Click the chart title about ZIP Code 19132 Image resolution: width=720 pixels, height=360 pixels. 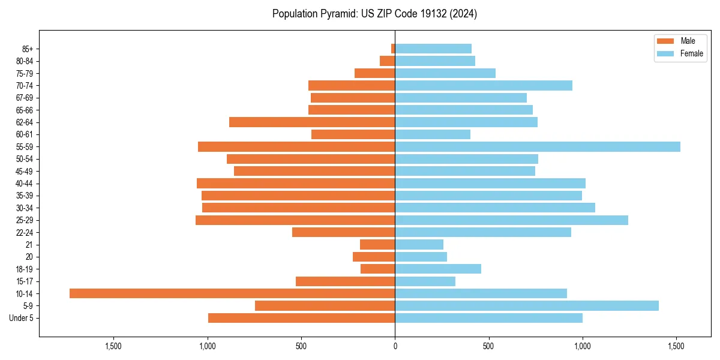tap(374, 14)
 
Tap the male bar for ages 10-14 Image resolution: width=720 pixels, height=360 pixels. tap(232, 293)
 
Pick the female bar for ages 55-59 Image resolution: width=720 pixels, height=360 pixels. tap(538, 146)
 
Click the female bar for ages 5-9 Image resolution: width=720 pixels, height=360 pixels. tap(527, 305)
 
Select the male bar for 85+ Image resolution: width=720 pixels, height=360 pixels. tap(393, 49)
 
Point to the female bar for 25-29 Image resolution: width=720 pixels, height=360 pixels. tap(511, 220)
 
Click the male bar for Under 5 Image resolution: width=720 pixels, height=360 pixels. tap(302, 318)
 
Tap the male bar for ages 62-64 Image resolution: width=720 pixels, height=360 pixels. tap(312, 122)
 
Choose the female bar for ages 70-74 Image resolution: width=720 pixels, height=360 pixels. tap(484, 85)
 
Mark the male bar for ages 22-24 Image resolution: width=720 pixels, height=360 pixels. tap(344, 232)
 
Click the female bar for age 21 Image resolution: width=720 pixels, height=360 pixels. tap(419, 244)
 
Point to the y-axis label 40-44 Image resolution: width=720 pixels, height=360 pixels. tap(25, 184)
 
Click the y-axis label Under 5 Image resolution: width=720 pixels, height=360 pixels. tap(22, 318)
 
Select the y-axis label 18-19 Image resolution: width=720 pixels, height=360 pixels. tap(25, 269)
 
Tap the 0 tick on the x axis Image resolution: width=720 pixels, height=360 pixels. tap(395, 346)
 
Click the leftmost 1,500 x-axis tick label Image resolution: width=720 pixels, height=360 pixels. tap(113, 346)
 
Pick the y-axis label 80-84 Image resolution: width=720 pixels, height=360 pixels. tap(25, 61)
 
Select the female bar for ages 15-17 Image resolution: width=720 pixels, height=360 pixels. tap(425, 281)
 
